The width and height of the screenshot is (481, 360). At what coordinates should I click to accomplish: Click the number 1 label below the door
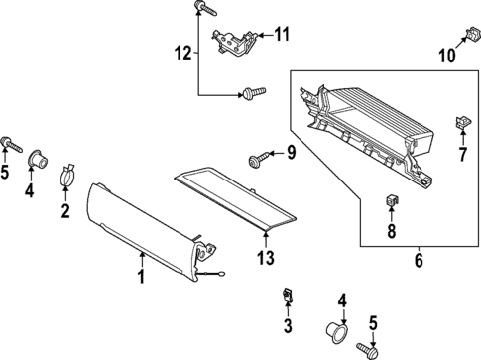(x=141, y=278)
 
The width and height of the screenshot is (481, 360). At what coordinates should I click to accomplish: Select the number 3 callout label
(x=287, y=325)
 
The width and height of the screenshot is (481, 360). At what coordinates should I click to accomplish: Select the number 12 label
(x=180, y=51)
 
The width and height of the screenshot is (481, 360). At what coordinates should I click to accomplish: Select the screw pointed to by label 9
(x=259, y=157)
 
